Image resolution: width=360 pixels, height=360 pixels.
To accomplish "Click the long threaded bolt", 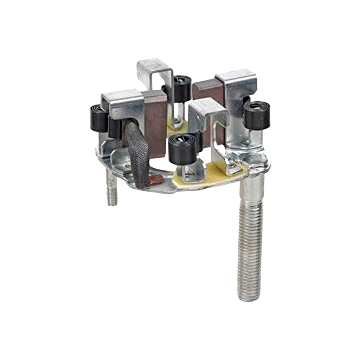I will point(250,239).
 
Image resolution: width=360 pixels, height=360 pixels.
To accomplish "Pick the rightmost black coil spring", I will point(257,115).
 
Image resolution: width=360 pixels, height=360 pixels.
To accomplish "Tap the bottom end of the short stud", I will point(112,203).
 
